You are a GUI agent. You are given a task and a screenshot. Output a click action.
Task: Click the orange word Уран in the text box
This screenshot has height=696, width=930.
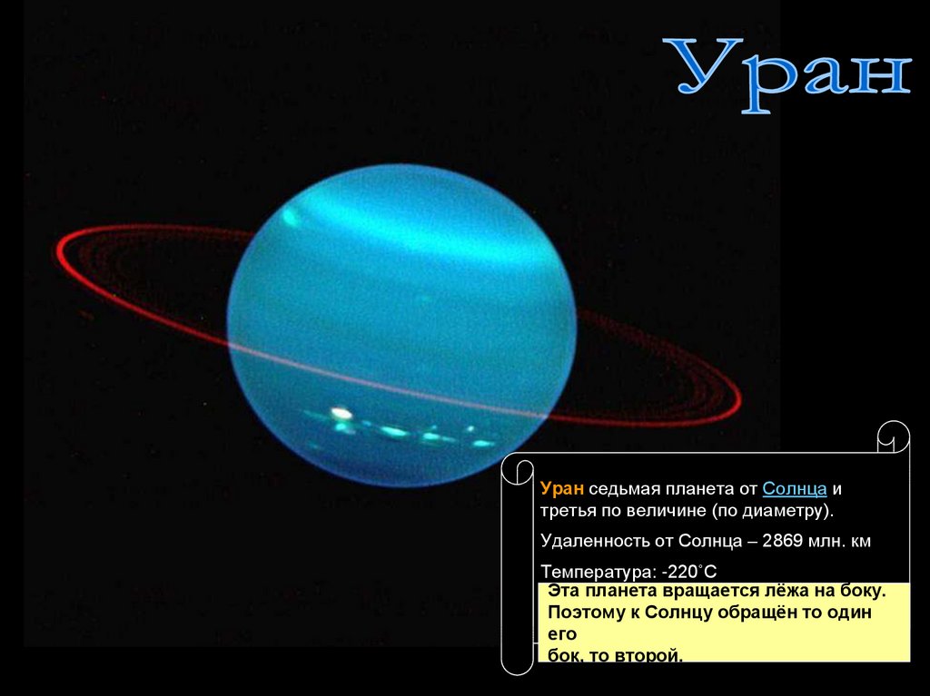[561, 489]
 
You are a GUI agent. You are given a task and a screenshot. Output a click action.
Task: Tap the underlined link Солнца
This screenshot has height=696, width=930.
[794, 489]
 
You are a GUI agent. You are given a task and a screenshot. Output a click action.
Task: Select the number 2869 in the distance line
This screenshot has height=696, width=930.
[782, 541]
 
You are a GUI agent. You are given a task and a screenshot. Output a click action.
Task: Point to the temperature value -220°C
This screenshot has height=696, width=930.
[689, 572]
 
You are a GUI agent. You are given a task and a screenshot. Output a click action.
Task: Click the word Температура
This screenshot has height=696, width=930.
[599, 573]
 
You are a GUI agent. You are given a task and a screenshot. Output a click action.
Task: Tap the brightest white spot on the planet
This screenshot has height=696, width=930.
[340, 412]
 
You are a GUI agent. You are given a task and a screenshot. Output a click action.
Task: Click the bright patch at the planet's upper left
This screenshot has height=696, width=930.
[292, 218]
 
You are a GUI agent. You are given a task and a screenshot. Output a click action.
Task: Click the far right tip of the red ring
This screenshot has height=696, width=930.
[741, 398]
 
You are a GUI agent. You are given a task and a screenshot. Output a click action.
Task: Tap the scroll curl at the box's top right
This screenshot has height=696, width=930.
[894, 436]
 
